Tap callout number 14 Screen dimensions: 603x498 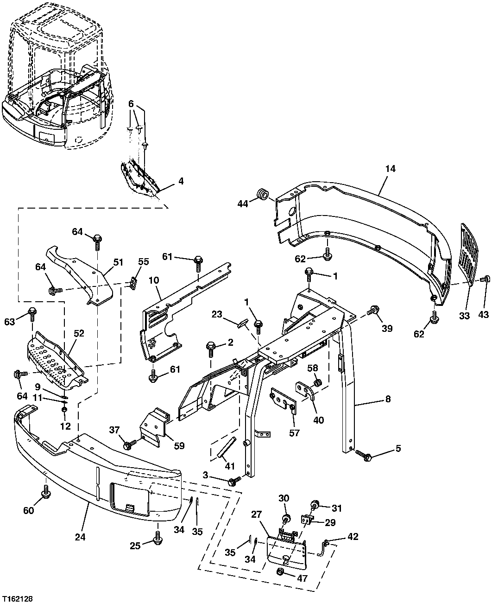point(390,169)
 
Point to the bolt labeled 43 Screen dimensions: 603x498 point(486,279)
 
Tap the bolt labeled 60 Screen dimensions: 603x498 point(46,494)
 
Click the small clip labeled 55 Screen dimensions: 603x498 point(133,282)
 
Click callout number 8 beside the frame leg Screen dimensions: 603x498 point(387,398)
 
